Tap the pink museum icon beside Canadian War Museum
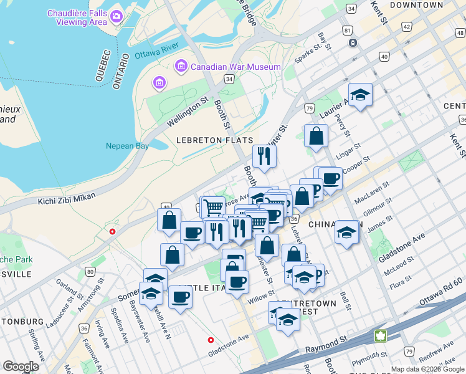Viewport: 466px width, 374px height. tap(181, 65)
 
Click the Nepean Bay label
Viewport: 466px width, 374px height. tap(128, 146)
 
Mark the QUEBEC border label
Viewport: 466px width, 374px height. tap(103, 65)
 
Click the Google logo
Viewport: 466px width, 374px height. tap(21, 367)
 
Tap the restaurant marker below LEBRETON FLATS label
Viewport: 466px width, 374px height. tap(264, 156)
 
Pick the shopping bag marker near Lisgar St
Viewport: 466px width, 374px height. tap(316, 136)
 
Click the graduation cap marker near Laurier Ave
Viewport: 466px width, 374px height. tap(360, 95)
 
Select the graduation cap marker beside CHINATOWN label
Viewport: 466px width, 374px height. tap(346, 232)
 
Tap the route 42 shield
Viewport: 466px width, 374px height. tap(407, 27)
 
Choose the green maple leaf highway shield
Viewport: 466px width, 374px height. tap(380, 336)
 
